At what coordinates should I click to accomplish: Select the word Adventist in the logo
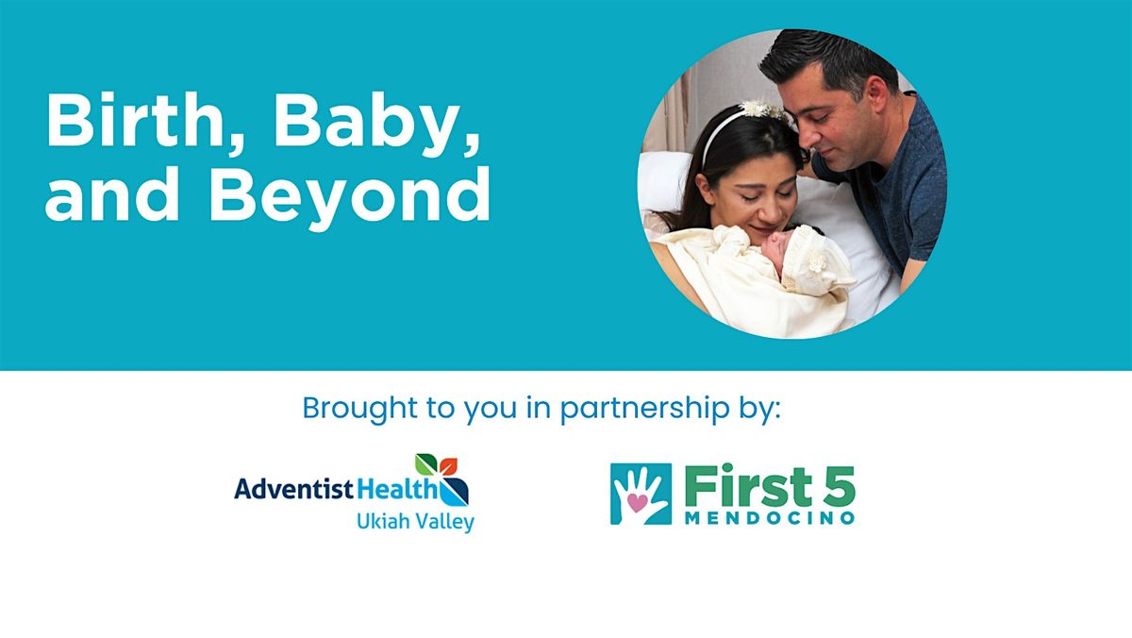(292, 489)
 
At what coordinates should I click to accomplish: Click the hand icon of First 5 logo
(641, 493)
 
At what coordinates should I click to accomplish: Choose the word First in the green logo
(744, 487)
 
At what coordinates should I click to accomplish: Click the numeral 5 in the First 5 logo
(838, 487)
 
